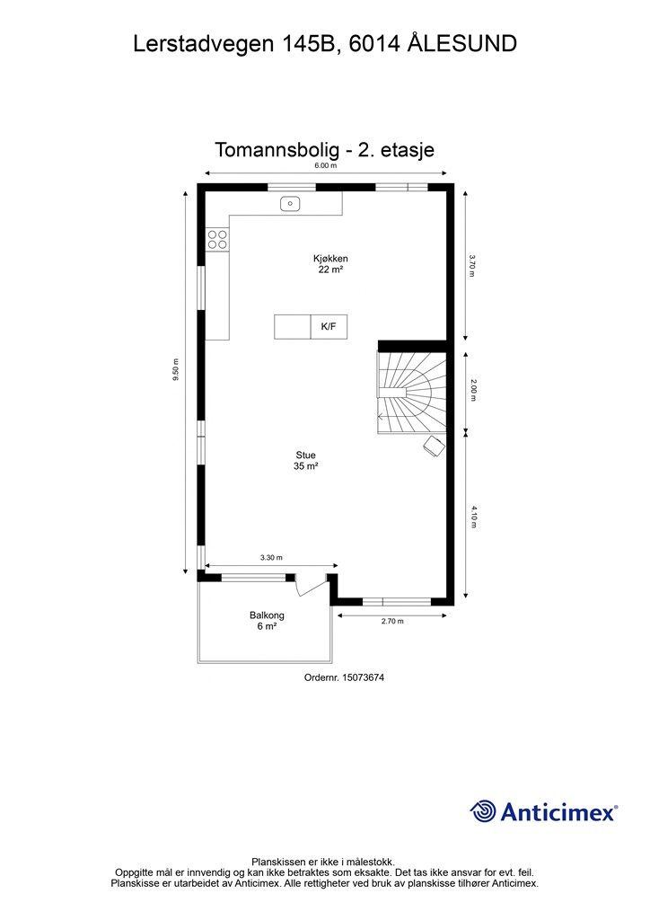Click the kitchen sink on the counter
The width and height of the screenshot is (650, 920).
[x=290, y=204]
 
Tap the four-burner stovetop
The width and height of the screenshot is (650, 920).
[x=218, y=238]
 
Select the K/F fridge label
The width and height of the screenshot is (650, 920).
[x=329, y=327]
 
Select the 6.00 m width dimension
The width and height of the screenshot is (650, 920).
[x=325, y=166]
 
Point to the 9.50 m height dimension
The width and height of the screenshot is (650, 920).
[x=177, y=371]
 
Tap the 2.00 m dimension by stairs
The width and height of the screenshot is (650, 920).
[x=473, y=390]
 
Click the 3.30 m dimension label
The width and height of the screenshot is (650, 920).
[x=271, y=558]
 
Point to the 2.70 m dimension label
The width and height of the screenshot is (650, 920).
[x=392, y=621]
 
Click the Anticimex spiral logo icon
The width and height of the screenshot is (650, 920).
[x=483, y=811]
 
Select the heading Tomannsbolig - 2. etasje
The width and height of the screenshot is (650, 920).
[x=325, y=149]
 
